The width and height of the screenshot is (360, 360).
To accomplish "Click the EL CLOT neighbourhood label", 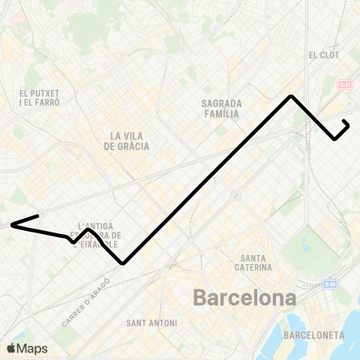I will pos(323,55).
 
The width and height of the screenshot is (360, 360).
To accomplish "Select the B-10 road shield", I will pos(330,284).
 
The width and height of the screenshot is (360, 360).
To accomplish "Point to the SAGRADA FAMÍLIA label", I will pos(220,109).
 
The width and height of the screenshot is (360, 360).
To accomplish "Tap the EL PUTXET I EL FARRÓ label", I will pos(40,97).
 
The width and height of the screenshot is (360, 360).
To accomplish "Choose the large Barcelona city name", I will pos(244,298).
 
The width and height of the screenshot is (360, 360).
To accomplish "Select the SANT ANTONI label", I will pos(152,323).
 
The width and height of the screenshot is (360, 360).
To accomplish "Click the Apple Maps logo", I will pos(27,348).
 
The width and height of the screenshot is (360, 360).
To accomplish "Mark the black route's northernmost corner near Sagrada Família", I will pos(291,97).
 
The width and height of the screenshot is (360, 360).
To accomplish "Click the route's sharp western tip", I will pos(11,224).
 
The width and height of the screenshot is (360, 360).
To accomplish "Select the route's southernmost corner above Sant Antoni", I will pos(122,263).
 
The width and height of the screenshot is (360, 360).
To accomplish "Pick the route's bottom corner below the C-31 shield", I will pos(334,139).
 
